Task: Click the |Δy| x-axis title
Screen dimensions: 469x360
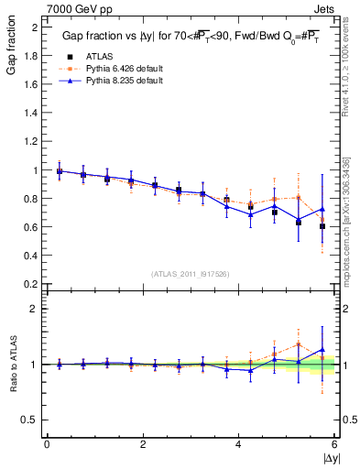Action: pyautogui.click(x=330, y=456)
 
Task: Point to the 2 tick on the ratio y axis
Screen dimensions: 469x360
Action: pyautogui.click(x=37, y=309)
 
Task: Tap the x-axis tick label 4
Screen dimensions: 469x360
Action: pyautogui.click(x=239, y=444)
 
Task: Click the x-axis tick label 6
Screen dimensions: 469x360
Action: pyautogui.click(x=335, y=444)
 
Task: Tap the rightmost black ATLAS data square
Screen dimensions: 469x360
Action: pyautogui.click(x=322, y=226)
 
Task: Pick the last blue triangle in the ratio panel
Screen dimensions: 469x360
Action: pyautogui.click(x=322, y=349)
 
